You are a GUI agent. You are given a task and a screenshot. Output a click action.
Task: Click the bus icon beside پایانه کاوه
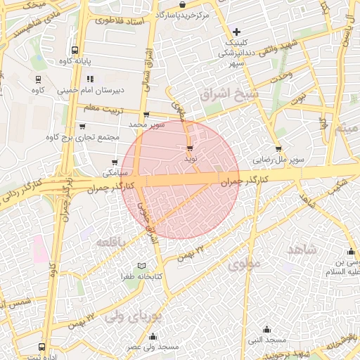(75, 50)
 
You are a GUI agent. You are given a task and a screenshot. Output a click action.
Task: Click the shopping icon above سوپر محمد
(146, 115)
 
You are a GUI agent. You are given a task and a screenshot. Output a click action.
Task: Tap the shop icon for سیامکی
(115, 162)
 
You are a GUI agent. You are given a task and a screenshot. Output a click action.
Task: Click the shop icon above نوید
(189, 148)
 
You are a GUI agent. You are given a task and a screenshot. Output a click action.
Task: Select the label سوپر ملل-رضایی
(280, 160)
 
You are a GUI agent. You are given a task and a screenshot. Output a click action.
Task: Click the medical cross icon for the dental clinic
(237, 32)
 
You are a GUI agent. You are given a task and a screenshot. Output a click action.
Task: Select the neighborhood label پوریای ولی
(133, 317)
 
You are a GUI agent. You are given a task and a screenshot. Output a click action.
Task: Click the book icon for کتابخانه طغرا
(143, 266)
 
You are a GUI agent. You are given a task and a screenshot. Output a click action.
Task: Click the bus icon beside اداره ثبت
(42, 347)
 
